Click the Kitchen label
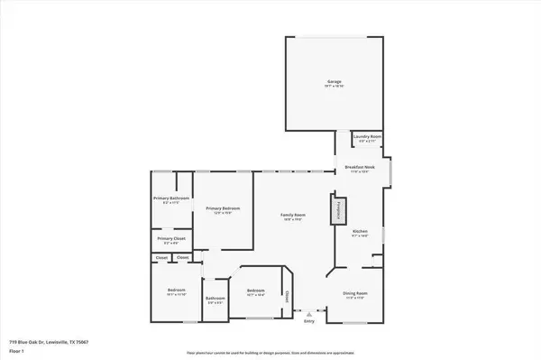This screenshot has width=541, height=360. pyautogui.click(x=360, y=231)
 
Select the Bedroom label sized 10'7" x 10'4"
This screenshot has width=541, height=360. pyautogui.click(x=256, y=291)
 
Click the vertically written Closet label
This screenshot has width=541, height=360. pyautogui.click(x=287, y=295)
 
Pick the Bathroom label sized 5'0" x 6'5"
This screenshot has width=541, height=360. pyautogui.click(x=215, y=299)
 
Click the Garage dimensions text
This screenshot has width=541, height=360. pyautogui.click(x=333, y=87)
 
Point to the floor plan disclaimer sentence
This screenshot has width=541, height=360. pyautogui.click(x=270, y=353)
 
